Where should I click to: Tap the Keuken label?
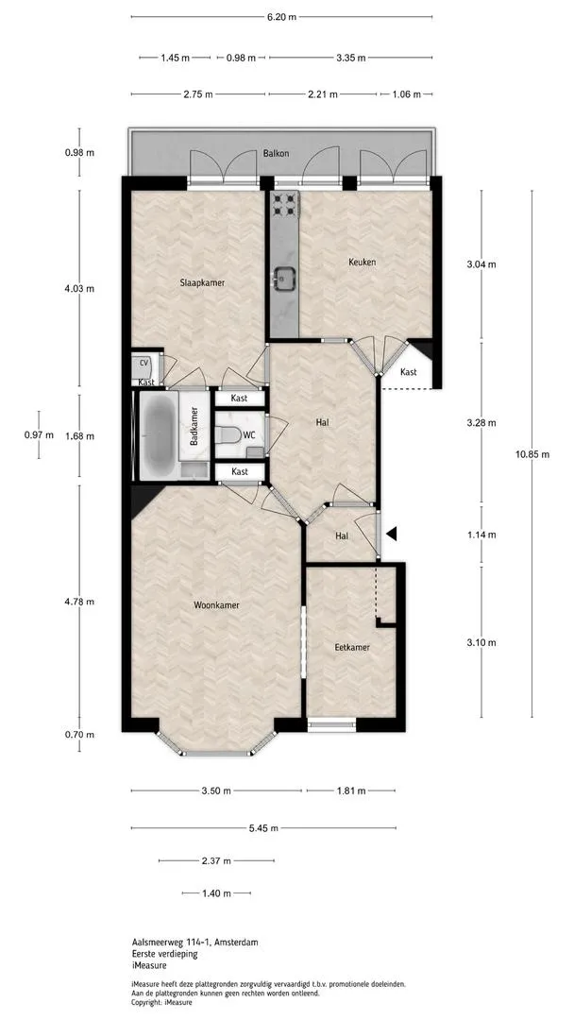click(x=363, y=263)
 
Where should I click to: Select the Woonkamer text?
click(x=216, y=605)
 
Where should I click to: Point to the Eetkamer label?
click(x=352, y=647)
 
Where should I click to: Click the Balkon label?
click(x=276, y=154)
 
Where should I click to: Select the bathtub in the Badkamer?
click(x=158, y=433)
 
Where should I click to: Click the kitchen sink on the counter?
click(x=285, y=279)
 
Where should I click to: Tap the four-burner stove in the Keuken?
click(x=285, y=204)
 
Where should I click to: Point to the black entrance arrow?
click(x=391, y=534)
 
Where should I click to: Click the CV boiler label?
click(x=144, y=362)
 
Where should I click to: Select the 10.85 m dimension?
click(x=532, y=454)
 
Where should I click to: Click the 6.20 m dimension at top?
click(x=281, y=17)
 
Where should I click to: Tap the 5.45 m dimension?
click(x=263, y=828)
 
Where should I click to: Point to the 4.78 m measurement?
click(x=79, y=602)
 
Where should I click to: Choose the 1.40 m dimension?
click(x=216, y=893)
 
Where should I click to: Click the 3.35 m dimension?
click(x=351, y=58)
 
